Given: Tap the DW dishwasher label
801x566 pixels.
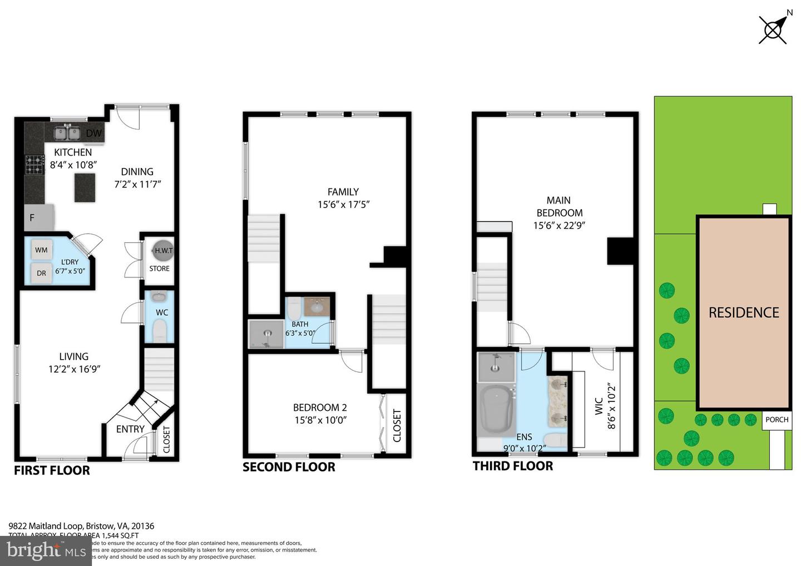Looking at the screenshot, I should tap(94, 133).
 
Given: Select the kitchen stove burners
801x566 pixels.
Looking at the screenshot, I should tap(34, 165).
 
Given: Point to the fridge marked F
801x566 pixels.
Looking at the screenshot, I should tap(38, 217).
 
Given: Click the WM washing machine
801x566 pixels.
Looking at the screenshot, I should tap(42, 250).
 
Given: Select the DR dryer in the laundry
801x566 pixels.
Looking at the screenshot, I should tap(42, 273).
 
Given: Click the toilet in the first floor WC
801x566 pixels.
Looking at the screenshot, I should tap(160, 331).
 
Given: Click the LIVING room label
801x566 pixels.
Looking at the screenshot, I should tap(74, 356).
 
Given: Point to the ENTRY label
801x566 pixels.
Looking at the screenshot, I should tap(130, 429).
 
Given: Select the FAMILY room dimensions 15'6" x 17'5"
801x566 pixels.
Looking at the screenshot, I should tap(343, 205).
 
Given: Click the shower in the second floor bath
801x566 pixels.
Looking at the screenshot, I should tap(266, 335).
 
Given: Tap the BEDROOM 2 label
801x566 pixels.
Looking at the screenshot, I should tap(320, 408).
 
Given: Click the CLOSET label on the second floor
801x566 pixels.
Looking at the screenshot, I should tap(397, 425).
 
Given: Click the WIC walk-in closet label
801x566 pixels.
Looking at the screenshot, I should tap(599, 406).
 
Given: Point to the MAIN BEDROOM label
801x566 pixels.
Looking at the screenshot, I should tap(559, 206).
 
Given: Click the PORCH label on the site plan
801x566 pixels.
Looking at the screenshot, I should tap(777, 420).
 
